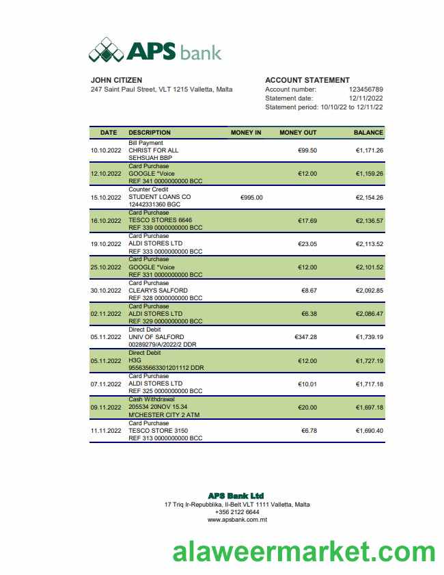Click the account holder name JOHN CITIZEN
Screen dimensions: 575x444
117,80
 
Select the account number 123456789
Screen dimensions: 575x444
365,89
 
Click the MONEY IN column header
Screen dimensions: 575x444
246,133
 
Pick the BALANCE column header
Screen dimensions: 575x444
368,133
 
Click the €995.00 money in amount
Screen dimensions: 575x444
251,197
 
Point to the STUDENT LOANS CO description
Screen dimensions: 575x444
160,197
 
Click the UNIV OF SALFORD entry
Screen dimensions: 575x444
156,337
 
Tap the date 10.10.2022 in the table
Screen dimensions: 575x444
105,150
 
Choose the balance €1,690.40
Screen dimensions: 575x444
370,431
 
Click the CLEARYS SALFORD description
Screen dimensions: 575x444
158,291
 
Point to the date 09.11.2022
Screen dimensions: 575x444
105,407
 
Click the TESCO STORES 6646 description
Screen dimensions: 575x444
161,220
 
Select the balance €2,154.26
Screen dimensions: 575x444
370,197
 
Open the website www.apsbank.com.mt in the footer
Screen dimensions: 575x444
237,520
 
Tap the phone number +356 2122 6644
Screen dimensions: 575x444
237,512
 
